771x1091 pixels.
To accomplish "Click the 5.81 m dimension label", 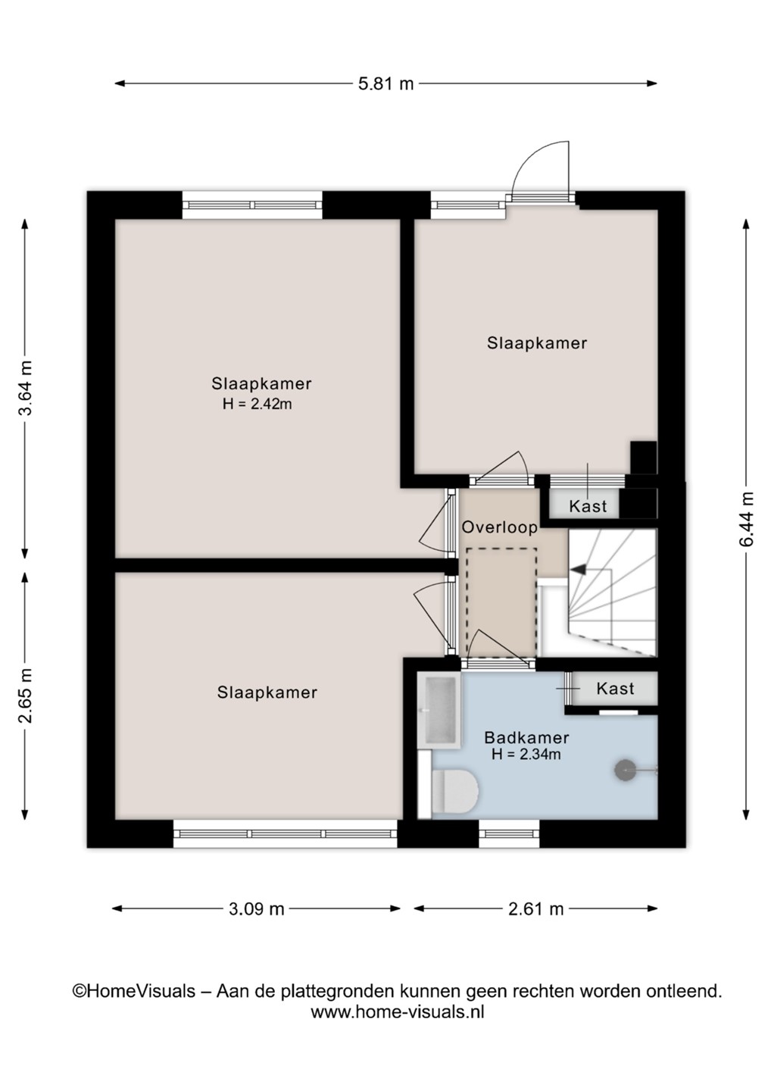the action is pyautogui.click(x=385, y=84).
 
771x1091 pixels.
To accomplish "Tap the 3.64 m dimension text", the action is pyautogui.click(x=25, y=387).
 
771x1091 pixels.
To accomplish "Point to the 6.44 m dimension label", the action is pyautogui.click(x=747, y=519).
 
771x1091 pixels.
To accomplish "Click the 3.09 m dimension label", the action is pyautogui.click(x=256, y=909).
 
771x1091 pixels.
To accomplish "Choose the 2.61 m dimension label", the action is pyautogui.click(x=536, y=909).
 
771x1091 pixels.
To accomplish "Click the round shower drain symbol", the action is pyautogui.click(x=625, y=771).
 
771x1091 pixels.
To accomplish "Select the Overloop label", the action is pyautogui.click(x=499, y=527).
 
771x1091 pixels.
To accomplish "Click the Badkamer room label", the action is pyautogui.click(x=526, y=737).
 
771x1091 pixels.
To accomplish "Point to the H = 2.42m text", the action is pyautogui.click(x=257, y=405).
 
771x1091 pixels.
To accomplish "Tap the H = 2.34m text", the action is pyautogui.click(x=526, y=755).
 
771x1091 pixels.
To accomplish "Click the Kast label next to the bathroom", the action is pyautogui.click(x=615, y=688).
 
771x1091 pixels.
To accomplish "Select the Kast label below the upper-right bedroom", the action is pyautogui.click(x=588, y=507).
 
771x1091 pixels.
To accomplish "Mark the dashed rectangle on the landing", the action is pyautogui.click(x=501, y=602).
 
